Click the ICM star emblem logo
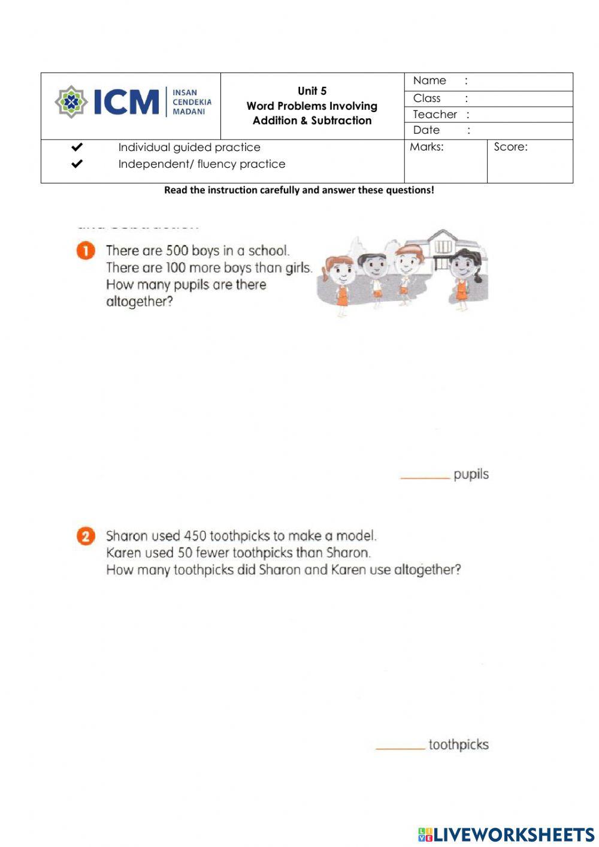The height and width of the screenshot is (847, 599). click(71, 101)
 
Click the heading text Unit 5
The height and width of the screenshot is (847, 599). click(312, 91)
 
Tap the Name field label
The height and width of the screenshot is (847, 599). click(429, 81)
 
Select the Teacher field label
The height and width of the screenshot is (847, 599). click(435, 114)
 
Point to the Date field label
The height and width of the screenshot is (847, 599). click(426, 130)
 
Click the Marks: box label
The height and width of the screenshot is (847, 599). click(426, 147)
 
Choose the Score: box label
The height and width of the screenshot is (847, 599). click(510, 147)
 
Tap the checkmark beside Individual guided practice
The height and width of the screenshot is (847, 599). click(77, 147)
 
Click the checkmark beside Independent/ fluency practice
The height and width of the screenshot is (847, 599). click(77, 164)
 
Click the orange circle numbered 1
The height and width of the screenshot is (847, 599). click(86, 251)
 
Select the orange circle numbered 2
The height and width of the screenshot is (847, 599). click(86, 535)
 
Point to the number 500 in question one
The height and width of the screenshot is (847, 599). click(177, 251)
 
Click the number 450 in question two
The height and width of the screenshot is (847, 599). click(195, 536)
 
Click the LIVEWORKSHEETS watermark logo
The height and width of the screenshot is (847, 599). click(506, 834)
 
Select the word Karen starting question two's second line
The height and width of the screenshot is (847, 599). click(124, 553)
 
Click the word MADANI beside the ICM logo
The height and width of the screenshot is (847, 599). click(189, 111)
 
